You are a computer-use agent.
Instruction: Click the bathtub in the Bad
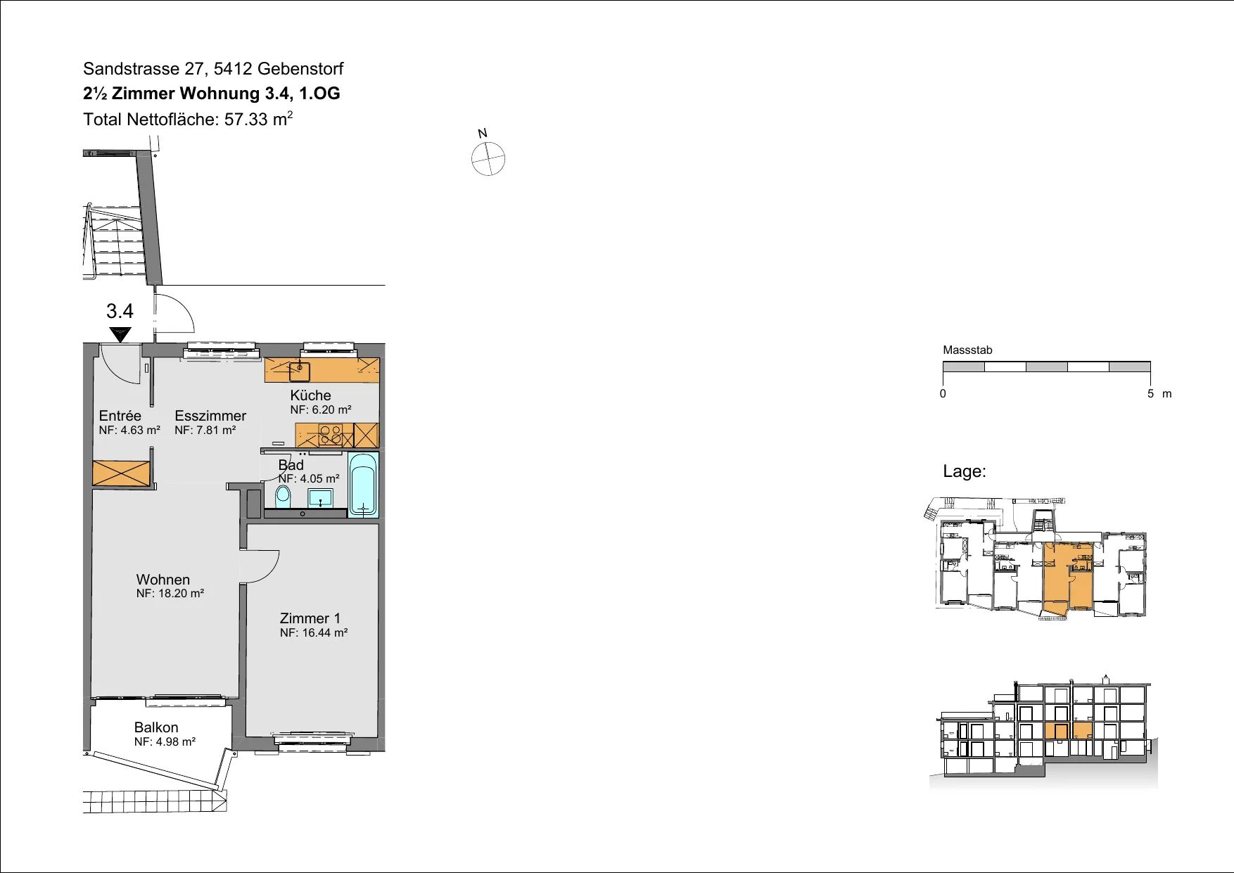tap(363, 485)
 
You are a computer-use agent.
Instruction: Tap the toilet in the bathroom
tap(283, 497)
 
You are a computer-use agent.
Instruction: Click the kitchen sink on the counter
tap(300, 371)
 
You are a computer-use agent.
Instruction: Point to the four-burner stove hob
tap(331, 435)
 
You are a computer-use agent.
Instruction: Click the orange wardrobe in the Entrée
tap(122, 473)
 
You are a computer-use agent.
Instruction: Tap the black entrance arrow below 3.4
tap(120, 334)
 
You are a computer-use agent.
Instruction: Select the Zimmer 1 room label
tap(310, 618)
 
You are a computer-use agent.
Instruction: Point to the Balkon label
tap(156, 727)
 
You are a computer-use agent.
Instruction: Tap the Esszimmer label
tap(210, 416)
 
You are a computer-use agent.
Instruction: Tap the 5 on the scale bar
tap(1151, 394)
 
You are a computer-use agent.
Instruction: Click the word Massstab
tap(967, 350)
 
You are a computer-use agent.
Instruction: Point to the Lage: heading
tap(965, 471)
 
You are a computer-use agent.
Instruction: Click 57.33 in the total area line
tap(246, 120)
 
